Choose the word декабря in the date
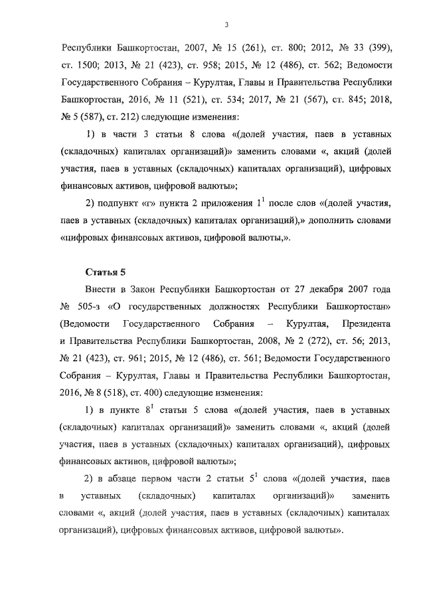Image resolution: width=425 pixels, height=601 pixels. pyautogui.click(x=329, y=291)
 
